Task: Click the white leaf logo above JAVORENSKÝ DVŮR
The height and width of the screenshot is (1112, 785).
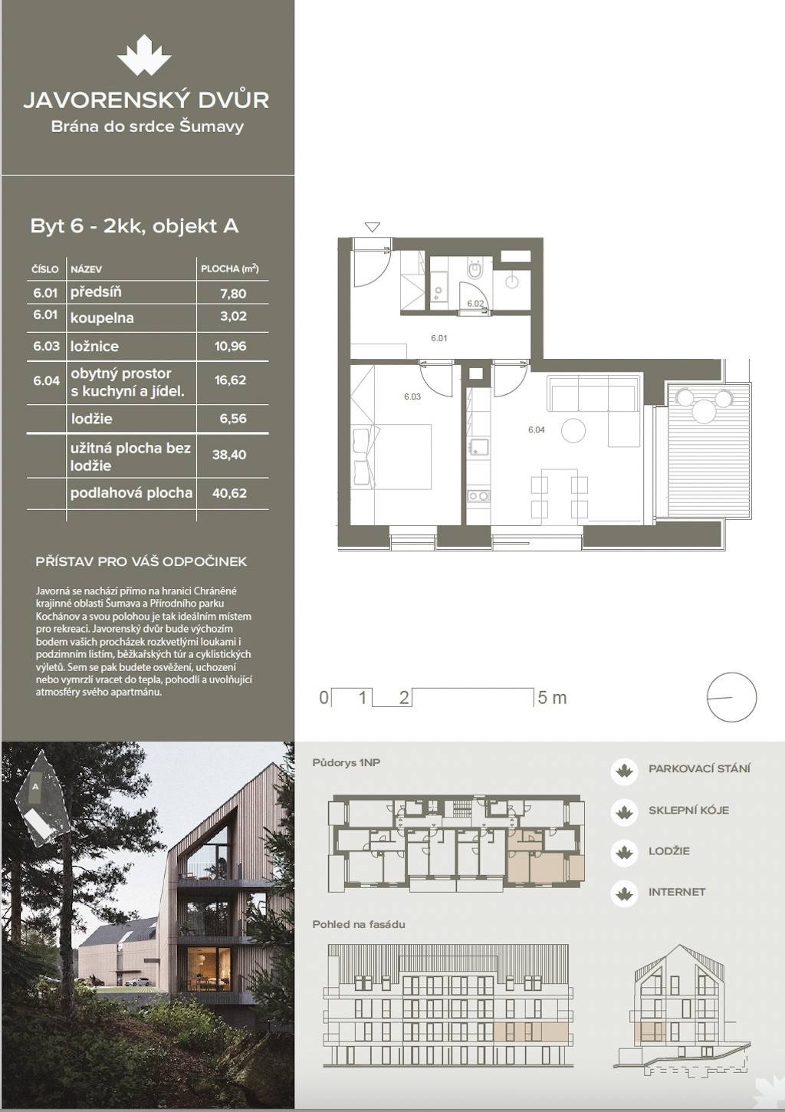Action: coord(144,55)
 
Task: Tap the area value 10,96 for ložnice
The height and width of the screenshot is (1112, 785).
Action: coord(230,346)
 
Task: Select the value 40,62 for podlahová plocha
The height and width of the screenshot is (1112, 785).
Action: coord(229,493)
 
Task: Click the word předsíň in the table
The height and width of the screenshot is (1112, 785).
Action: coord(96,292)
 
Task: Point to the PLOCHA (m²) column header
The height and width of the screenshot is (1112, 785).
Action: coord(230,268)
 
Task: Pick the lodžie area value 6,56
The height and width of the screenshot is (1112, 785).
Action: coord(233,419)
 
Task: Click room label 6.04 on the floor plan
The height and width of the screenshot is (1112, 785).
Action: coord(537,430)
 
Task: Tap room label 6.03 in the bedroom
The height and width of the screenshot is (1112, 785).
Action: coord(412,396)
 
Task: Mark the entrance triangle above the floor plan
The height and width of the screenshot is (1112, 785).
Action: coord(372,227)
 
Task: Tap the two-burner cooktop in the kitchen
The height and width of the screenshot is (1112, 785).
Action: coord(478,495)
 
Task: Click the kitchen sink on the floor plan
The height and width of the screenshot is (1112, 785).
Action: coord(478,446)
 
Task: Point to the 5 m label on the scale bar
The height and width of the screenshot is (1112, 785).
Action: coord(552,697)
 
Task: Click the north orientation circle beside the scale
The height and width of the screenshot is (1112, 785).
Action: coord(731,696)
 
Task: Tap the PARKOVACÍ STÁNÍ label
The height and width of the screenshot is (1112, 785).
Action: coord(699,768)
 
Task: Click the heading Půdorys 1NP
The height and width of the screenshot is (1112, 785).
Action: coord(346,762)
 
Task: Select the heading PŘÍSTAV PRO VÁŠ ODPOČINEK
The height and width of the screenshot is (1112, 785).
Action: coord(141,561)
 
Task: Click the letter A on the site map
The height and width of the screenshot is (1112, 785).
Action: coord(35,786)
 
